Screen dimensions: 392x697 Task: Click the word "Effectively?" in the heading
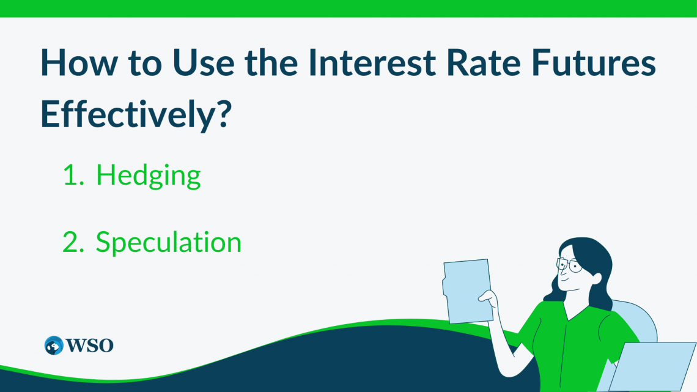coord(135,114)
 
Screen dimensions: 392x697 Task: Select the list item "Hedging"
coord(149,176)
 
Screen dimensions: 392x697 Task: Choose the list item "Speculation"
coord(169,243)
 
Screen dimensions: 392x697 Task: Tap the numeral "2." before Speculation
coord(75,243)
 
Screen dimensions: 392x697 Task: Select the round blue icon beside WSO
coord(54,345)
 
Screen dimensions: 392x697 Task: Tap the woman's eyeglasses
coord(569,265)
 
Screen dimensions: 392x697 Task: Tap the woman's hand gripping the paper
coord(488,299)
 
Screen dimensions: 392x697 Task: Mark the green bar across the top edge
coord(348,8)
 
